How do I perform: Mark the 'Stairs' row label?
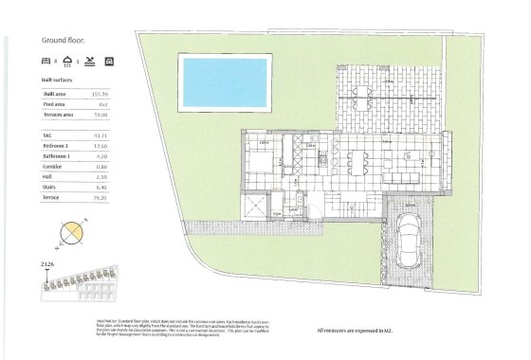click(50, 187)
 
